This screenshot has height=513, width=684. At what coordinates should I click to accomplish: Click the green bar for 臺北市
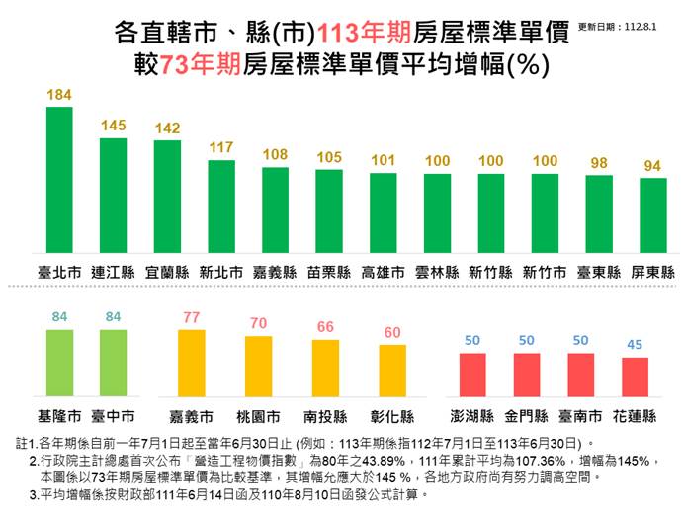[x=59, y=182]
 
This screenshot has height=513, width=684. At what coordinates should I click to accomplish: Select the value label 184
[x=59, y=95]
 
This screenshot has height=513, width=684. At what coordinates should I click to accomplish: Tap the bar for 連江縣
[x=113, y=198]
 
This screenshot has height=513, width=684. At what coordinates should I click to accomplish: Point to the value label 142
[x=167, y=128]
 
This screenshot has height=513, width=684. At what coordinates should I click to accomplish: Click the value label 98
[x=599, y=163]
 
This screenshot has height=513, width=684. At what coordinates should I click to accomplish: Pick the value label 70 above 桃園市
[x=258, y=323]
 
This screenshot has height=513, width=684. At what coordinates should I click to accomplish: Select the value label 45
[x=635, y=345]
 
